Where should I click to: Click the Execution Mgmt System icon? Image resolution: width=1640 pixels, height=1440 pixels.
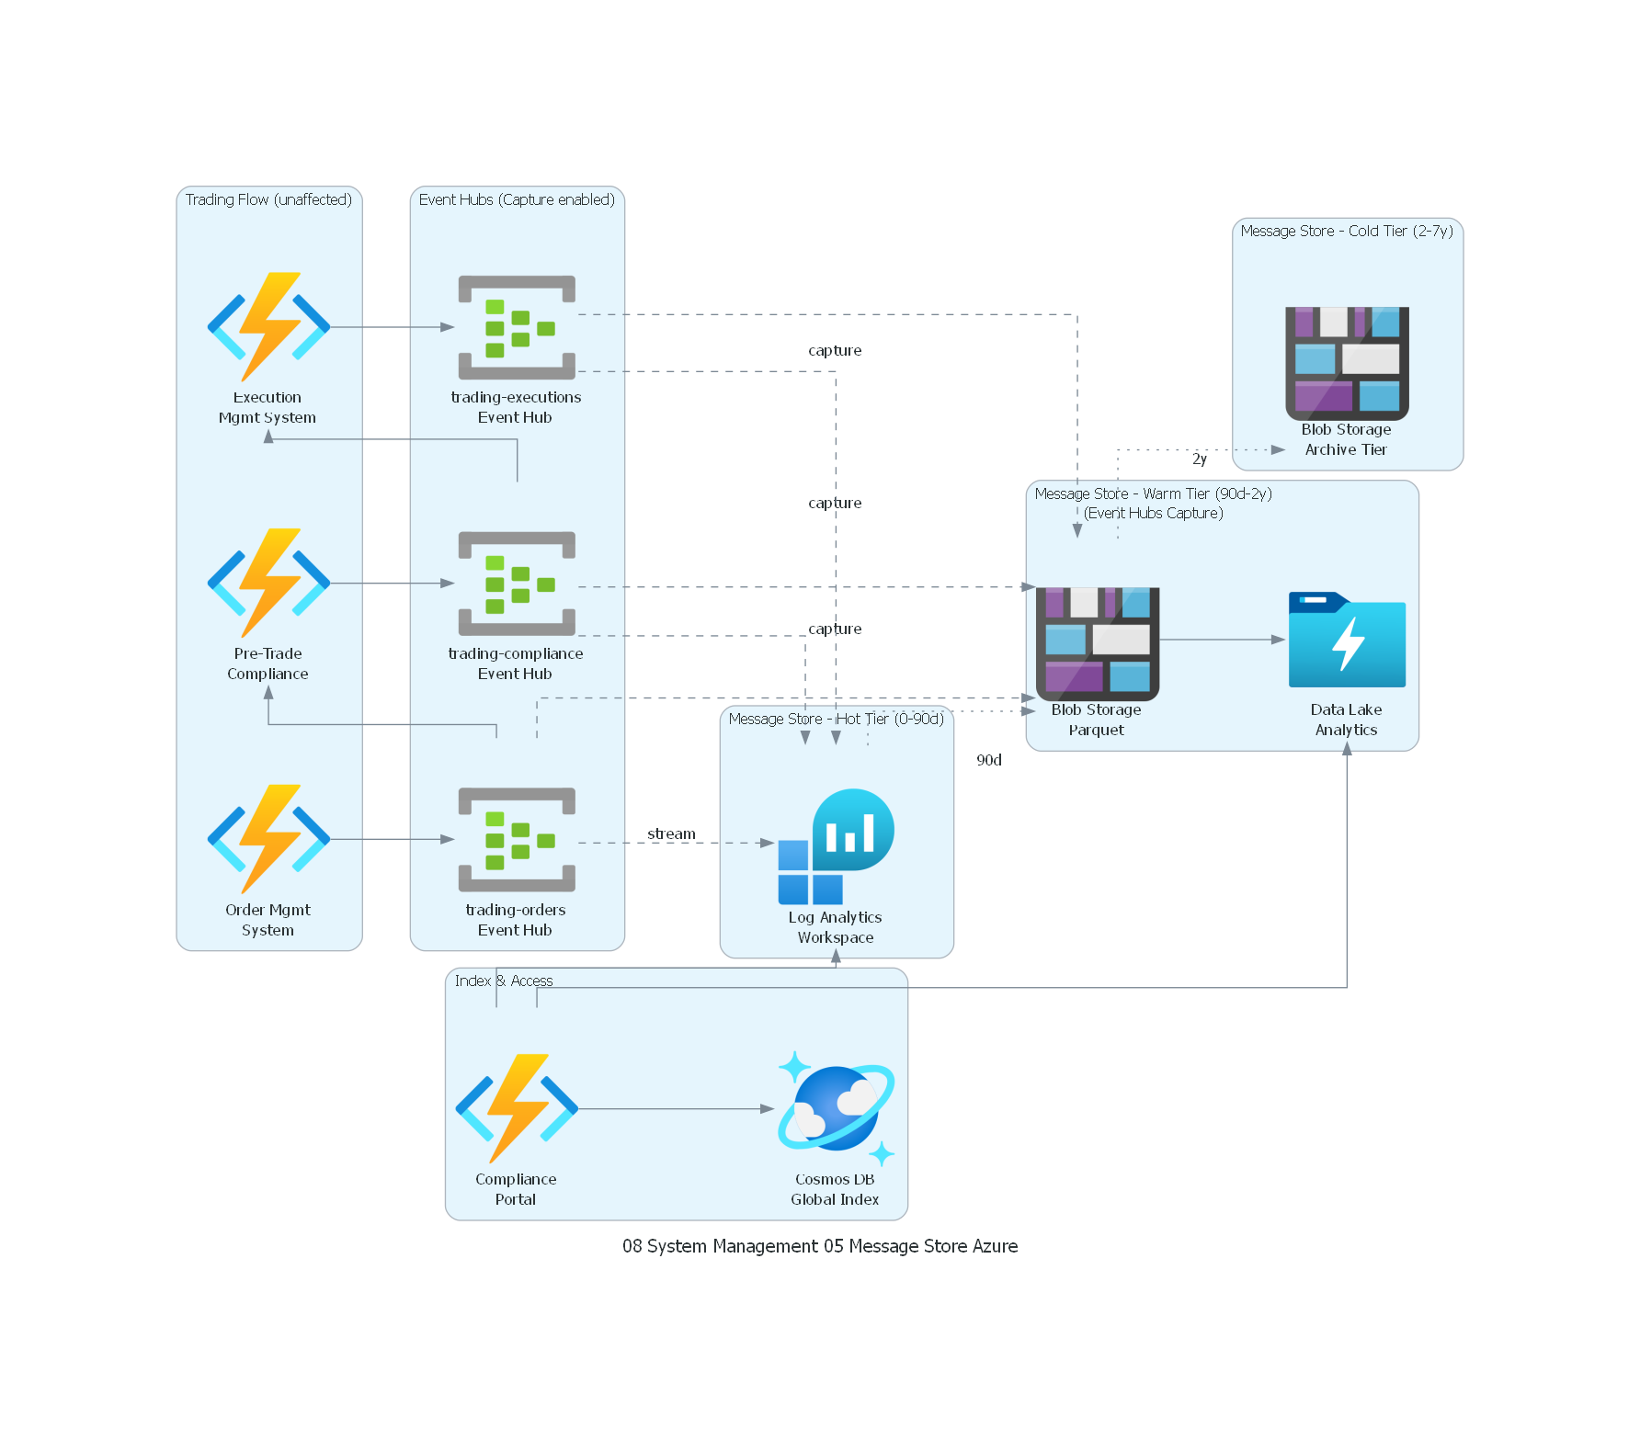[268, 327]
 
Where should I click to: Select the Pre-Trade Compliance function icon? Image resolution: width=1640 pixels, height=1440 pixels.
[268, 584]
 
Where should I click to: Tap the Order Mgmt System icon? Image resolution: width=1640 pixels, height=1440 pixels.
[268, 839]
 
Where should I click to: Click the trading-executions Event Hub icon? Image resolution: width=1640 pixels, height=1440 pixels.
[517, 327]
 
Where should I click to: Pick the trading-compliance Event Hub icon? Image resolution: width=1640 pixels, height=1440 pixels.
[517, 584]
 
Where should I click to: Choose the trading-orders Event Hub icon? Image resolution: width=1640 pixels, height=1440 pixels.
[517, 839]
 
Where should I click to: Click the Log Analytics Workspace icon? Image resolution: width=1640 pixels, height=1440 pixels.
[836, 846]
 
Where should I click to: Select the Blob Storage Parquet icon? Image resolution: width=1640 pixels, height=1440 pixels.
[1097, 643]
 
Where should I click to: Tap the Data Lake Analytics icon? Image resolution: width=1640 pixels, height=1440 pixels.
[1347, 640]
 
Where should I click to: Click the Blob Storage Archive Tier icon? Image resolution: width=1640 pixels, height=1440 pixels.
[1347, 363]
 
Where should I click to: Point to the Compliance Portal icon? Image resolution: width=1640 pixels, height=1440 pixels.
[517, 1108]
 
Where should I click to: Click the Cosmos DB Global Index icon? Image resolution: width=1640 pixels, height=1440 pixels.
[836, 1108]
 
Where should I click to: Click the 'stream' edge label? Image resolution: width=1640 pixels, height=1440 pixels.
[671, 833]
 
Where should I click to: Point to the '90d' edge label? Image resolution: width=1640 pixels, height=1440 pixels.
[989, 760]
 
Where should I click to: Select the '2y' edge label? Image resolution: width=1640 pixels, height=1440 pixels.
[1200, 459]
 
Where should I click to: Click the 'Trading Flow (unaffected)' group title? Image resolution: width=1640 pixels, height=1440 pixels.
[268, 199]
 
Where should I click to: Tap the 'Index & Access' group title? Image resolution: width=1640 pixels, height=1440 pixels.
[504, 981]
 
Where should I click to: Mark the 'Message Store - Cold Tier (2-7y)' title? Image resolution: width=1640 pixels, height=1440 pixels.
[1347, 231]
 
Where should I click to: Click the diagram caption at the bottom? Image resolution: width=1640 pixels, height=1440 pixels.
[820, 1246]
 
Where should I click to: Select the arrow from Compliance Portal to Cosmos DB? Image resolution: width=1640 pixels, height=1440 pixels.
[676, 1109]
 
